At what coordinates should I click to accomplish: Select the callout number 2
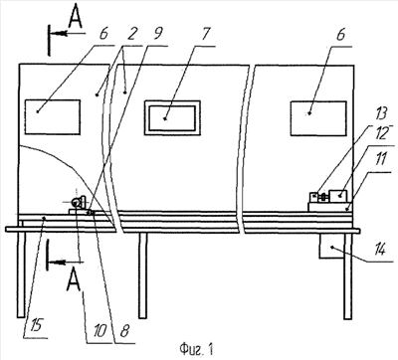coord(131,34)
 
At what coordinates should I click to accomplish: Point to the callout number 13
coord(381,113)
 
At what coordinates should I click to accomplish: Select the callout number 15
coord(36,325)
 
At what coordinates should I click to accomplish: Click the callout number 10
coord(100,330)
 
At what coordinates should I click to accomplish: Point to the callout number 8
coord(124,330)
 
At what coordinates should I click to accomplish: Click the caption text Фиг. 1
coord(196,349)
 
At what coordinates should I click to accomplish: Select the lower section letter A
coord(74,281)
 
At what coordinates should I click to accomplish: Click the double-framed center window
coord(172,117)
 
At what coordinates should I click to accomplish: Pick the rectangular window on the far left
coord(53,116)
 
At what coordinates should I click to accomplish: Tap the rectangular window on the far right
coord(318,118)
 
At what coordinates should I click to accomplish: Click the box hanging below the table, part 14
coord(331,246)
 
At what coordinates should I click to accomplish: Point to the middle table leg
coord(142,275)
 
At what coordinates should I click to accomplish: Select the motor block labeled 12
coord(338,196)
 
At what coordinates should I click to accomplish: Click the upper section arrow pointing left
coord(68,34)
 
